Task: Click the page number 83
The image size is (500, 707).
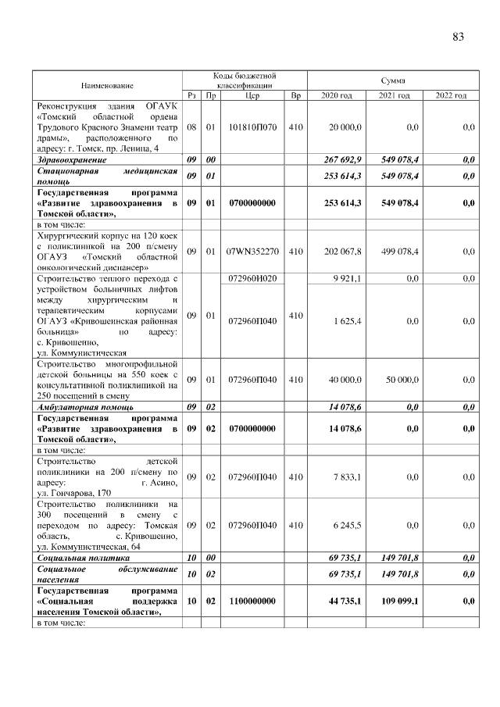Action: click(x=458, y=37)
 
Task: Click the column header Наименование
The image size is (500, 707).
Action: click(x=106, y=84)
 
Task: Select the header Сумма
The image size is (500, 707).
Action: click(x=391, y=80)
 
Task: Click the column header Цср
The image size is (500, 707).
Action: click(x=252, y=95)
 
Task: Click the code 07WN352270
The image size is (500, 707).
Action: click(x=252, y=252)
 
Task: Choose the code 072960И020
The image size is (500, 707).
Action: click(x=252, y=278)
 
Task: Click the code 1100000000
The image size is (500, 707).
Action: click(x=252, y=602)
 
